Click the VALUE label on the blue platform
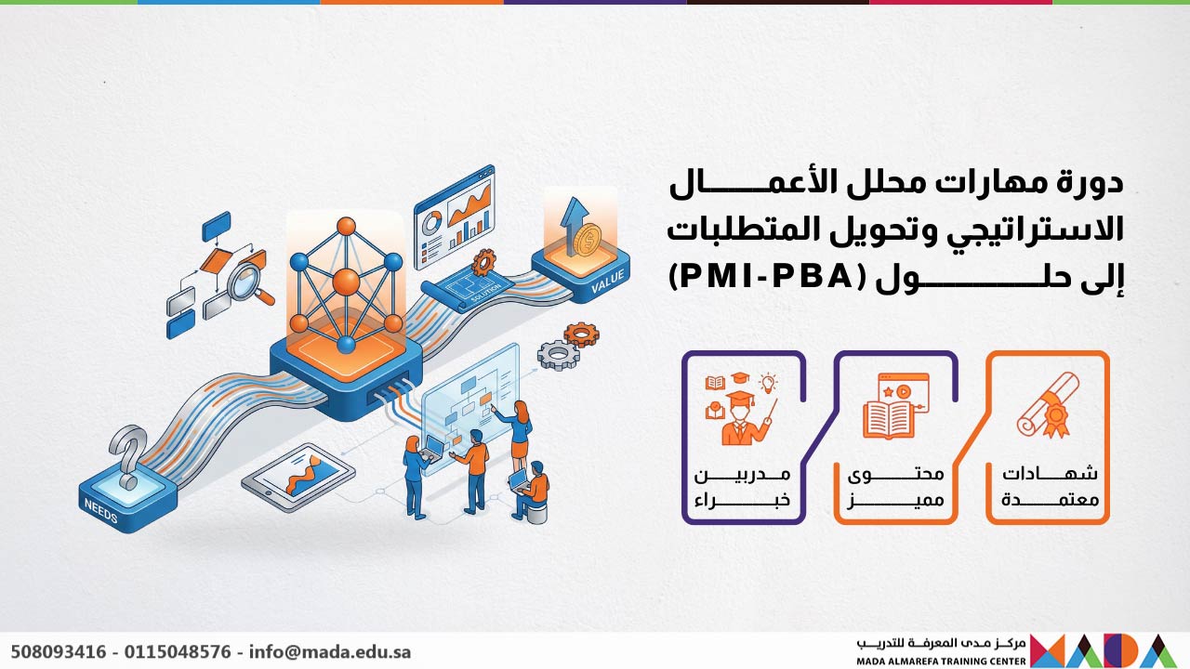[609, 280]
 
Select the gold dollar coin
[587, 242]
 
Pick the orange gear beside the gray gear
[581, 334]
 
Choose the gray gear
[556, 354]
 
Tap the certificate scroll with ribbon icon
[1048, 405]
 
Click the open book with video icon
[894, 406]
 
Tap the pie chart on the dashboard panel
[432, 223]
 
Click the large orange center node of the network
[346, 282]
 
